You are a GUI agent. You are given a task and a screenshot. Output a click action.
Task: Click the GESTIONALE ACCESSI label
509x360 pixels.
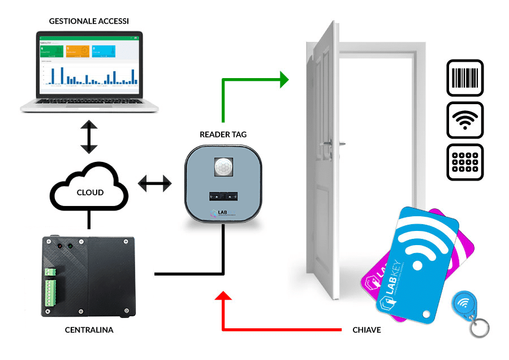(x=89, y=21)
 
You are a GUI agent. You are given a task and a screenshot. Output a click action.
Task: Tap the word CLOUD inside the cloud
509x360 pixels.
(x=90, y=192)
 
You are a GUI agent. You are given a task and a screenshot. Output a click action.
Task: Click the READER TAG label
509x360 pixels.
(x=223, y=135)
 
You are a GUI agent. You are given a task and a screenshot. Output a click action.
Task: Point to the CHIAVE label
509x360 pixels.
(x=366, y=329)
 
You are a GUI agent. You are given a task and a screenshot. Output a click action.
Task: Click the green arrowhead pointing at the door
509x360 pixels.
(x=283, y=79)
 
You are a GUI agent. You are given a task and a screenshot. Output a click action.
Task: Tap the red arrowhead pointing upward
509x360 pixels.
(x=223, y=298)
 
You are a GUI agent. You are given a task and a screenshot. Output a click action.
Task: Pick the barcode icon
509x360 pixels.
(x=465, y=78)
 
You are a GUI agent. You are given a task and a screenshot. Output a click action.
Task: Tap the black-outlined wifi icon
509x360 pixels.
(x=465, y=120)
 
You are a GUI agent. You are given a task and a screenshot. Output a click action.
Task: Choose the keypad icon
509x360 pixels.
(x=465, y=161)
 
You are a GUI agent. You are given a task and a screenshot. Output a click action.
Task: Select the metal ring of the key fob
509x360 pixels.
(x=480, y=328)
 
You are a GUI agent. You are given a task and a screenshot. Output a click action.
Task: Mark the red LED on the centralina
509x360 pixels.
(x=59, y=247)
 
